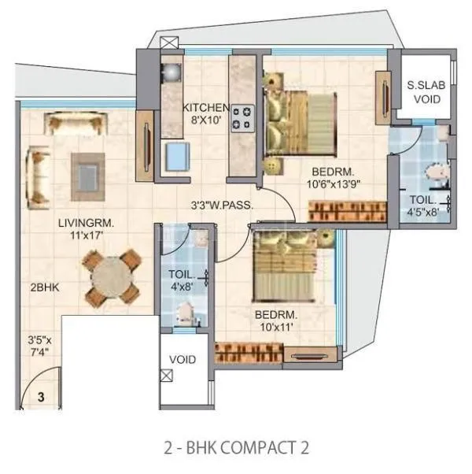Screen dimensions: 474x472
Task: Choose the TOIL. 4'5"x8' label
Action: [x=423, y=206]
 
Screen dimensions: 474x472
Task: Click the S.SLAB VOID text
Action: [x=423, y=93]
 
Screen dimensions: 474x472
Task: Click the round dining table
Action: [x=113, y=279]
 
